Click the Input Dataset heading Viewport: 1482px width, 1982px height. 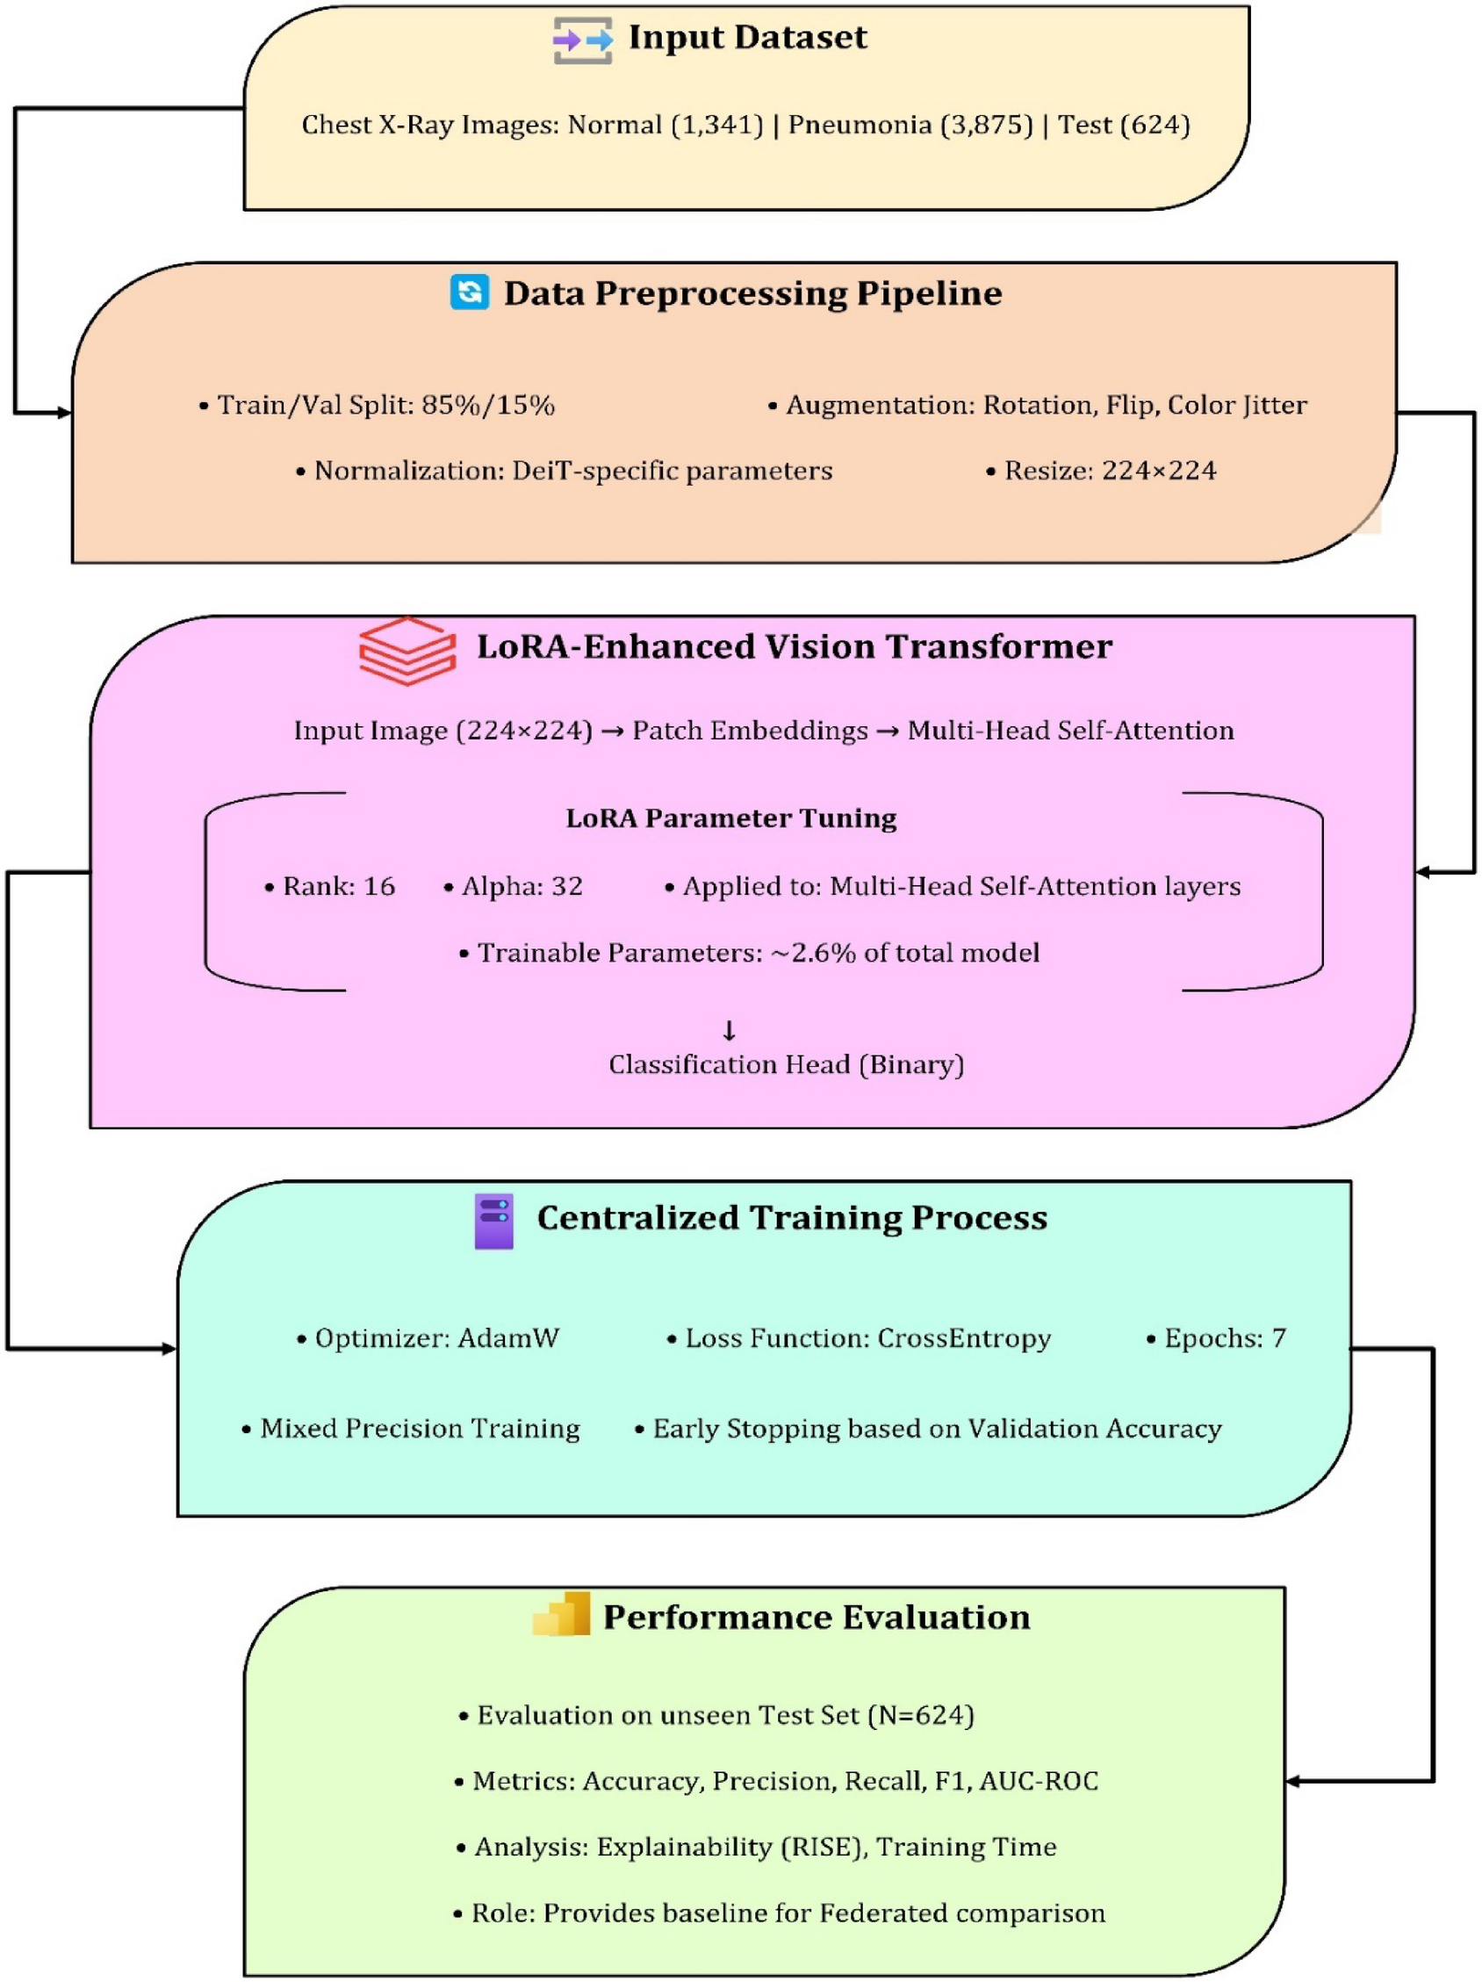746,38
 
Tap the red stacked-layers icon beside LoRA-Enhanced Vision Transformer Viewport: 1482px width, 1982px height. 406,652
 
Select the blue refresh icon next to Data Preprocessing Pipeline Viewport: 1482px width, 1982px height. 470,292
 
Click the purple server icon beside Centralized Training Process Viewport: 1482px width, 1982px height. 493,1221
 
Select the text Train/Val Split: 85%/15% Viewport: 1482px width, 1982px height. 385,405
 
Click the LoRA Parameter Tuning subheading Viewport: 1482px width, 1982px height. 730,818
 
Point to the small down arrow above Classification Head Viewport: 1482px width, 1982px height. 729,1030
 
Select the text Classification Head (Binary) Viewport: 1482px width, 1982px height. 786,1064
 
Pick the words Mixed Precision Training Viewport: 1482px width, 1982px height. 420,1428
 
